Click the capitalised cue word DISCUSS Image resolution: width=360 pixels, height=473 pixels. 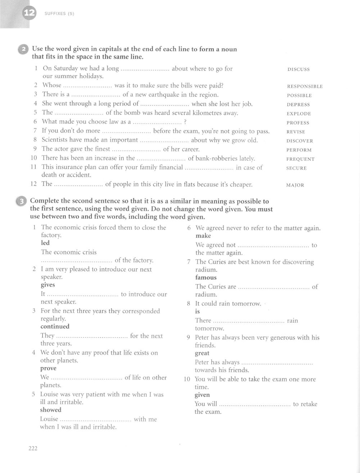tap(298, 69)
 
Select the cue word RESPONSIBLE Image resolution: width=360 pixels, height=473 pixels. tap(305, 86)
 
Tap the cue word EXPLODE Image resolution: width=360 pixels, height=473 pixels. tap(299, 114)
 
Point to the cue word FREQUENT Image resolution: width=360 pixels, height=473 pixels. tap(300, 159)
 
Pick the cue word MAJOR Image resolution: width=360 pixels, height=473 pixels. tap(295, 185)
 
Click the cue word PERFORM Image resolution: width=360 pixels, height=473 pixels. tap(299, 150)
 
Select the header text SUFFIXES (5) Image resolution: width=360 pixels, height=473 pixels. tap(59, 14)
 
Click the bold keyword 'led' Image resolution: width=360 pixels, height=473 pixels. tap(45, 243)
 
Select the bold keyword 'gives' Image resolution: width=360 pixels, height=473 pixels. tap(48, 285)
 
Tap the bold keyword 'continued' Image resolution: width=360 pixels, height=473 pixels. tap(55, 327)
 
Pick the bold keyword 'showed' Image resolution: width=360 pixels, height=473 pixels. tap(51, 410)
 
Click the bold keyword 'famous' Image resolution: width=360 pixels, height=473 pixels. tap(206, 278)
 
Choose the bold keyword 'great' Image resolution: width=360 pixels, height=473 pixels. tap(202, 353)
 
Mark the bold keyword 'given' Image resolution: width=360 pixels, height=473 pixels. tap(202, 395)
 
